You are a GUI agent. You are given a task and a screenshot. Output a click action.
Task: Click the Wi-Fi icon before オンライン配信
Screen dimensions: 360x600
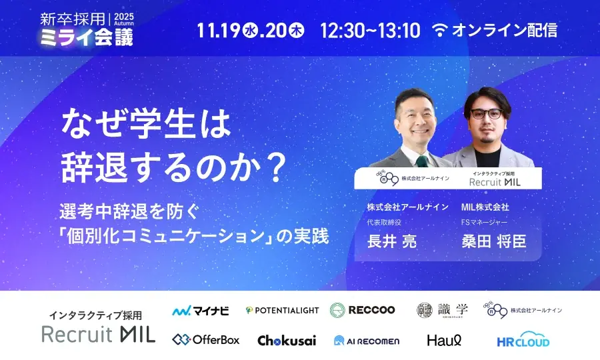[x=440, y=30]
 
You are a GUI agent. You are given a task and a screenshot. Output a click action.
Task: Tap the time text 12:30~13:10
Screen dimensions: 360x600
[x=370, y=30]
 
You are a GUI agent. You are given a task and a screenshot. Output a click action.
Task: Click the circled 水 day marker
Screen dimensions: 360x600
[x=251, y=31]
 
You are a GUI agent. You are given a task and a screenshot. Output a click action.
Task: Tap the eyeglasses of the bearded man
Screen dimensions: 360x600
[x=485, y=114]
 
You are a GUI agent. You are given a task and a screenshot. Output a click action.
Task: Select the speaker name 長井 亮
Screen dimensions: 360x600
[x=391, y=241]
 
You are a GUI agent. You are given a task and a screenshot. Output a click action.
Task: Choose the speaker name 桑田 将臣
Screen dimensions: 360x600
[x=493, y=241]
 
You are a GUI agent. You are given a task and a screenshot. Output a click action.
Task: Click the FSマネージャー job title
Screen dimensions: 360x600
[x=485, y=223]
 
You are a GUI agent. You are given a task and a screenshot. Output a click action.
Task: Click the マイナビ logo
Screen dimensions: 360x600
[x=201, y=310]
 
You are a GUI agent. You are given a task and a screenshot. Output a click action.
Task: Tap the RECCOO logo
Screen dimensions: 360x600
[x=363, y=310]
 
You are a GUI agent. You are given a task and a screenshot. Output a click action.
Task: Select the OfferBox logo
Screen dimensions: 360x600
[x=205, y=340]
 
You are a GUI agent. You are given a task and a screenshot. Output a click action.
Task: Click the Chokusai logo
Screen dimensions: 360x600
[x=287, y=340]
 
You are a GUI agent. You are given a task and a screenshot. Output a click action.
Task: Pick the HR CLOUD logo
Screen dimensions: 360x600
[x=523, y=339]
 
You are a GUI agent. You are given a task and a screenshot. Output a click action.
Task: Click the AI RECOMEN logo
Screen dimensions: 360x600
[x=367, y=341]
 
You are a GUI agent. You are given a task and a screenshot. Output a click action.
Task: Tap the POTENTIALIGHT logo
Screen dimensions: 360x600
[x=282, y=310]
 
